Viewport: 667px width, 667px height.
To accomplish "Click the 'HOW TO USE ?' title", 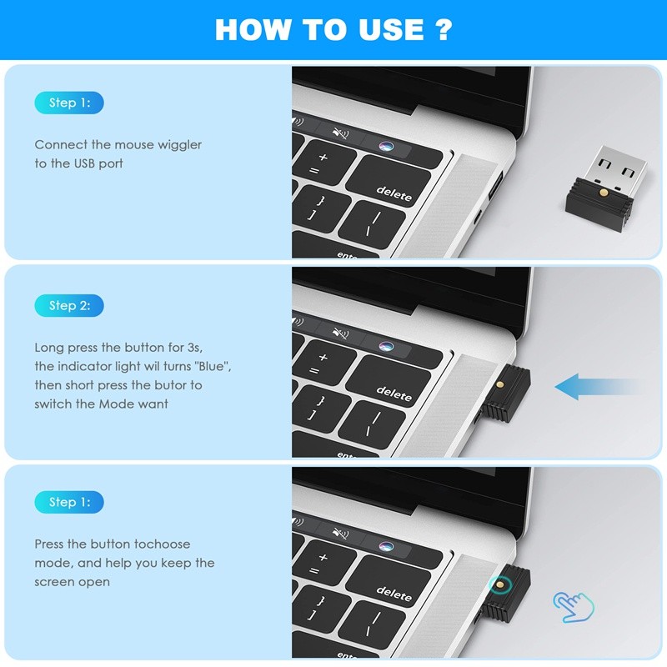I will point(333,30).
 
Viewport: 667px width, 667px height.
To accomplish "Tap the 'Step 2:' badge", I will point(69,305).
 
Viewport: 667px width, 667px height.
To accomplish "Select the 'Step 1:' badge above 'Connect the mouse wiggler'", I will point(69,103).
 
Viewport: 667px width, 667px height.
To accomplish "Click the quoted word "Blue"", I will point(212,367).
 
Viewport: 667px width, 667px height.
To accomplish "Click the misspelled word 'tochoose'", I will point(162,544).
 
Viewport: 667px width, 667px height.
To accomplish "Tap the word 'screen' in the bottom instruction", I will point(54,582).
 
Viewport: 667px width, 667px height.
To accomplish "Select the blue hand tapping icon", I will point(574,606).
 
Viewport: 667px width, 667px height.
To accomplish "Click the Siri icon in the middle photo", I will point(385,345).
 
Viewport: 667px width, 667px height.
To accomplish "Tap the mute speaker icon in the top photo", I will point(339,133).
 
